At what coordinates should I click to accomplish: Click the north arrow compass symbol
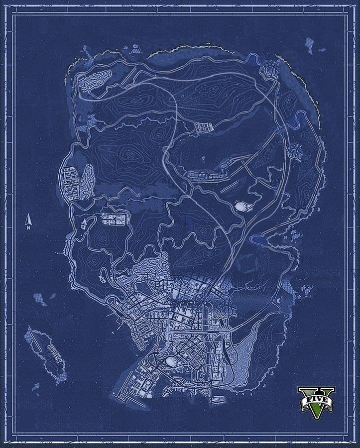coord(29,220)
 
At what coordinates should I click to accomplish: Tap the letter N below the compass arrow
coord(29,227)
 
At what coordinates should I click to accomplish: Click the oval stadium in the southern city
coord(171,361)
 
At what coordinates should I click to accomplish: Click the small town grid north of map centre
coord(203,128)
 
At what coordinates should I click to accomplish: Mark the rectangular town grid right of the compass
coord(115,220)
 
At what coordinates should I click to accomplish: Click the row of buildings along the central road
coord(207,175)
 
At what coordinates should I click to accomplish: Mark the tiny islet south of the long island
coord(35,386)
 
